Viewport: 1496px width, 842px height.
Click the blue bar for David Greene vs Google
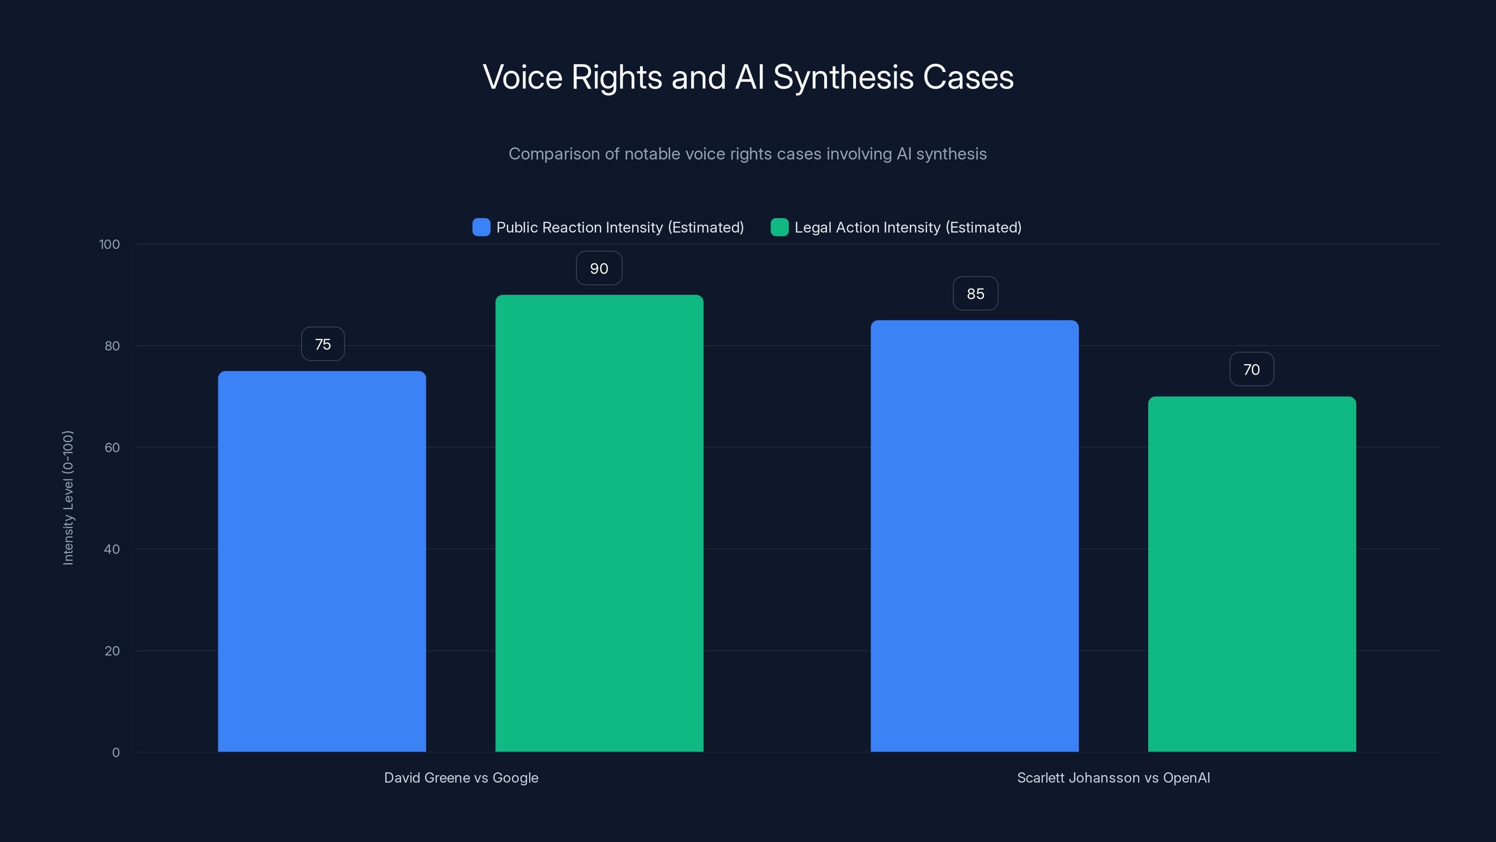coord(322,561)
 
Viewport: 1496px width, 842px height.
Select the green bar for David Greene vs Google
coord(599,523)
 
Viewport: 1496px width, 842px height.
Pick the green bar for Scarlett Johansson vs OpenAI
coord(1251,574)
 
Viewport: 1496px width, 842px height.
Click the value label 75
coord(323,344)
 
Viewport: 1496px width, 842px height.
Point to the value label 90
coord(599,269)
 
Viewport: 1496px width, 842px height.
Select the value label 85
coord(975,293)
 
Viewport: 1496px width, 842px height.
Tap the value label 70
coord(1251,370)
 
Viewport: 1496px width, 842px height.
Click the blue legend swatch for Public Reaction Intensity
coord(482,227)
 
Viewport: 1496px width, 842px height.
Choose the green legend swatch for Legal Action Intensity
coord(779,227)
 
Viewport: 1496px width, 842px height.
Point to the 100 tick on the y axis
coord(109,244)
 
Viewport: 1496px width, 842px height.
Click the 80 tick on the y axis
coord(112,346)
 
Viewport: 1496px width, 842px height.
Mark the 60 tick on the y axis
coord(112,448)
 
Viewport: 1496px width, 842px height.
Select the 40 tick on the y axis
coord(112,549)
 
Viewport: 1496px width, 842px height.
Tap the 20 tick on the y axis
coord(112,651)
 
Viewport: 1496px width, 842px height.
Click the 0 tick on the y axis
coord(116,753)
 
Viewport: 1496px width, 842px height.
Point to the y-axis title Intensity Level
coord(68,497)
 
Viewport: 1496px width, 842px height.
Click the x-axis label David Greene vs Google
coord(461,777)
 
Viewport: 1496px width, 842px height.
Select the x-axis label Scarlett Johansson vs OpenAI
coord(1113,777)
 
